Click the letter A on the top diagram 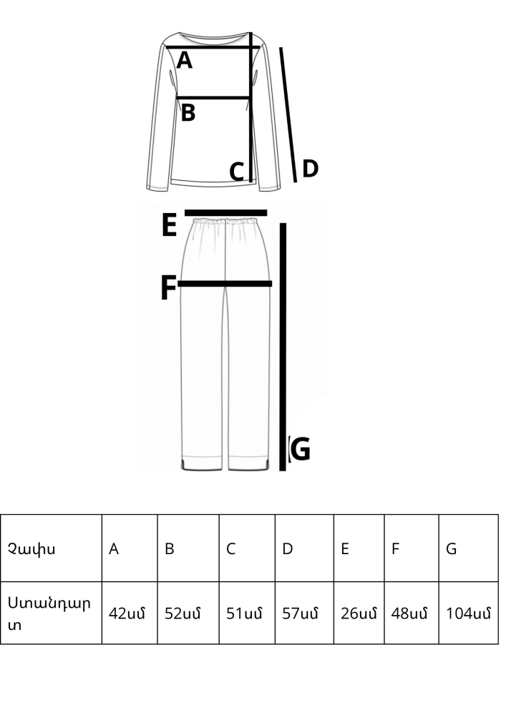(x=185, y=61)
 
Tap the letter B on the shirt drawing (x=188, y=113)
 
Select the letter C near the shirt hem (x=237, y=172)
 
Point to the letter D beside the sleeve (x=310, y=169)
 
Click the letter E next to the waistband (x=169, y=226)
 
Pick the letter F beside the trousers (x=168, y=288)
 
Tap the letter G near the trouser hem (x=300, y=450)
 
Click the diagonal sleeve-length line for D (x=288, y=114)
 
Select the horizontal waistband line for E (x=225, y=212)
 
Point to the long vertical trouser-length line (x=283, y=343)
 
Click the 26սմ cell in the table (x=359, y=613)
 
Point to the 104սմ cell (x=468, y=613)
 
